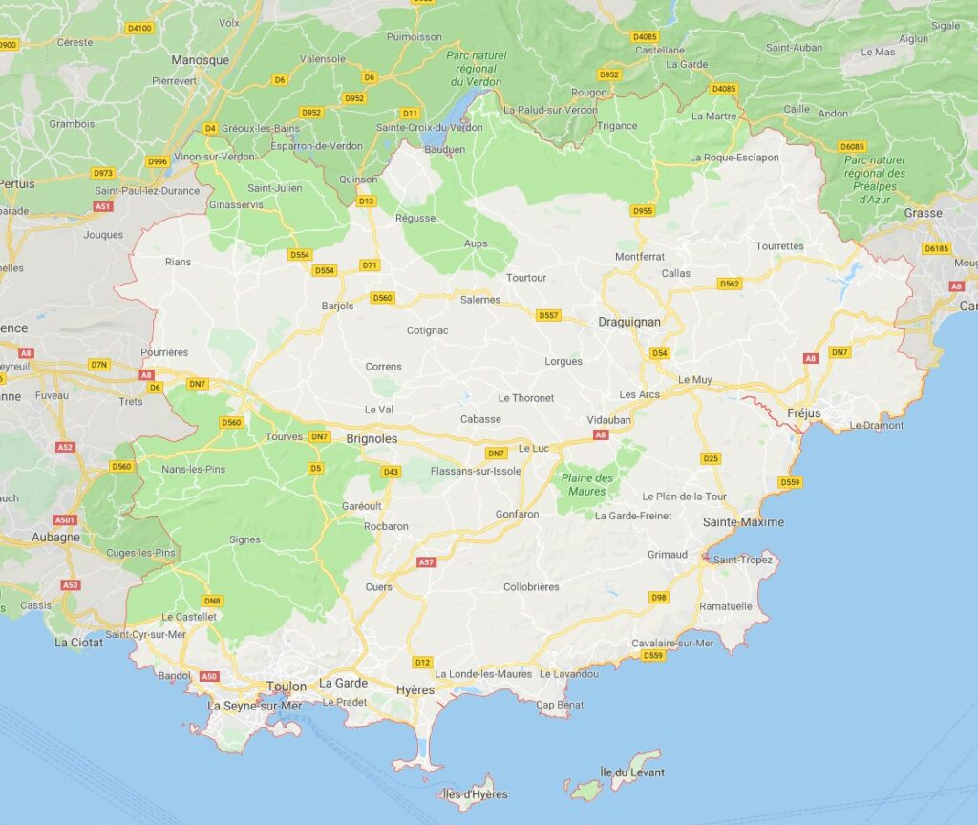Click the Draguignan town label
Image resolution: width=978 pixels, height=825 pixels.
(628, 322)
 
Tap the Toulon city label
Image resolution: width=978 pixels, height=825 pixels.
(287, 687)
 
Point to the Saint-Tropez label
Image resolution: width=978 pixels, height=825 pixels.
(742, 560)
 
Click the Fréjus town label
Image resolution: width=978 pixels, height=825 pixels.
(804, 413)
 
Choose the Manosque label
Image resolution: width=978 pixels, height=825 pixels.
(200, 60)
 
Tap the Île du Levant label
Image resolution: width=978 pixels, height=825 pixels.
(631, 772)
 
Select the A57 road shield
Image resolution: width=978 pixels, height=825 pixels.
(426, 562)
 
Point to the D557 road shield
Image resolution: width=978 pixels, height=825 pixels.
(548, 315)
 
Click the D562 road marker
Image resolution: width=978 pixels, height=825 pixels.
(730, 284)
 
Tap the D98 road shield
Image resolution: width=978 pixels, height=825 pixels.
(658, 597)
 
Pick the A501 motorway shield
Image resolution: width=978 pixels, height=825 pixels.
(64, 519)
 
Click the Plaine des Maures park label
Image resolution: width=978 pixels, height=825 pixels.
(587, 484)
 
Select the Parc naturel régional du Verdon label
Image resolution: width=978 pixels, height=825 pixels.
(475, 69)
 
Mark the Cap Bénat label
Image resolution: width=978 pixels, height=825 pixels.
(559, 705)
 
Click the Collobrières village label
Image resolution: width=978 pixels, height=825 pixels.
(531, 586)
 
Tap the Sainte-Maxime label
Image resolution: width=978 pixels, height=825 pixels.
(743, 522)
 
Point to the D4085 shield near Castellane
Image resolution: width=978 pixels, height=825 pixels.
(645, 36)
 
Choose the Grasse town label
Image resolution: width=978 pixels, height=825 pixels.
(923, 213)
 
